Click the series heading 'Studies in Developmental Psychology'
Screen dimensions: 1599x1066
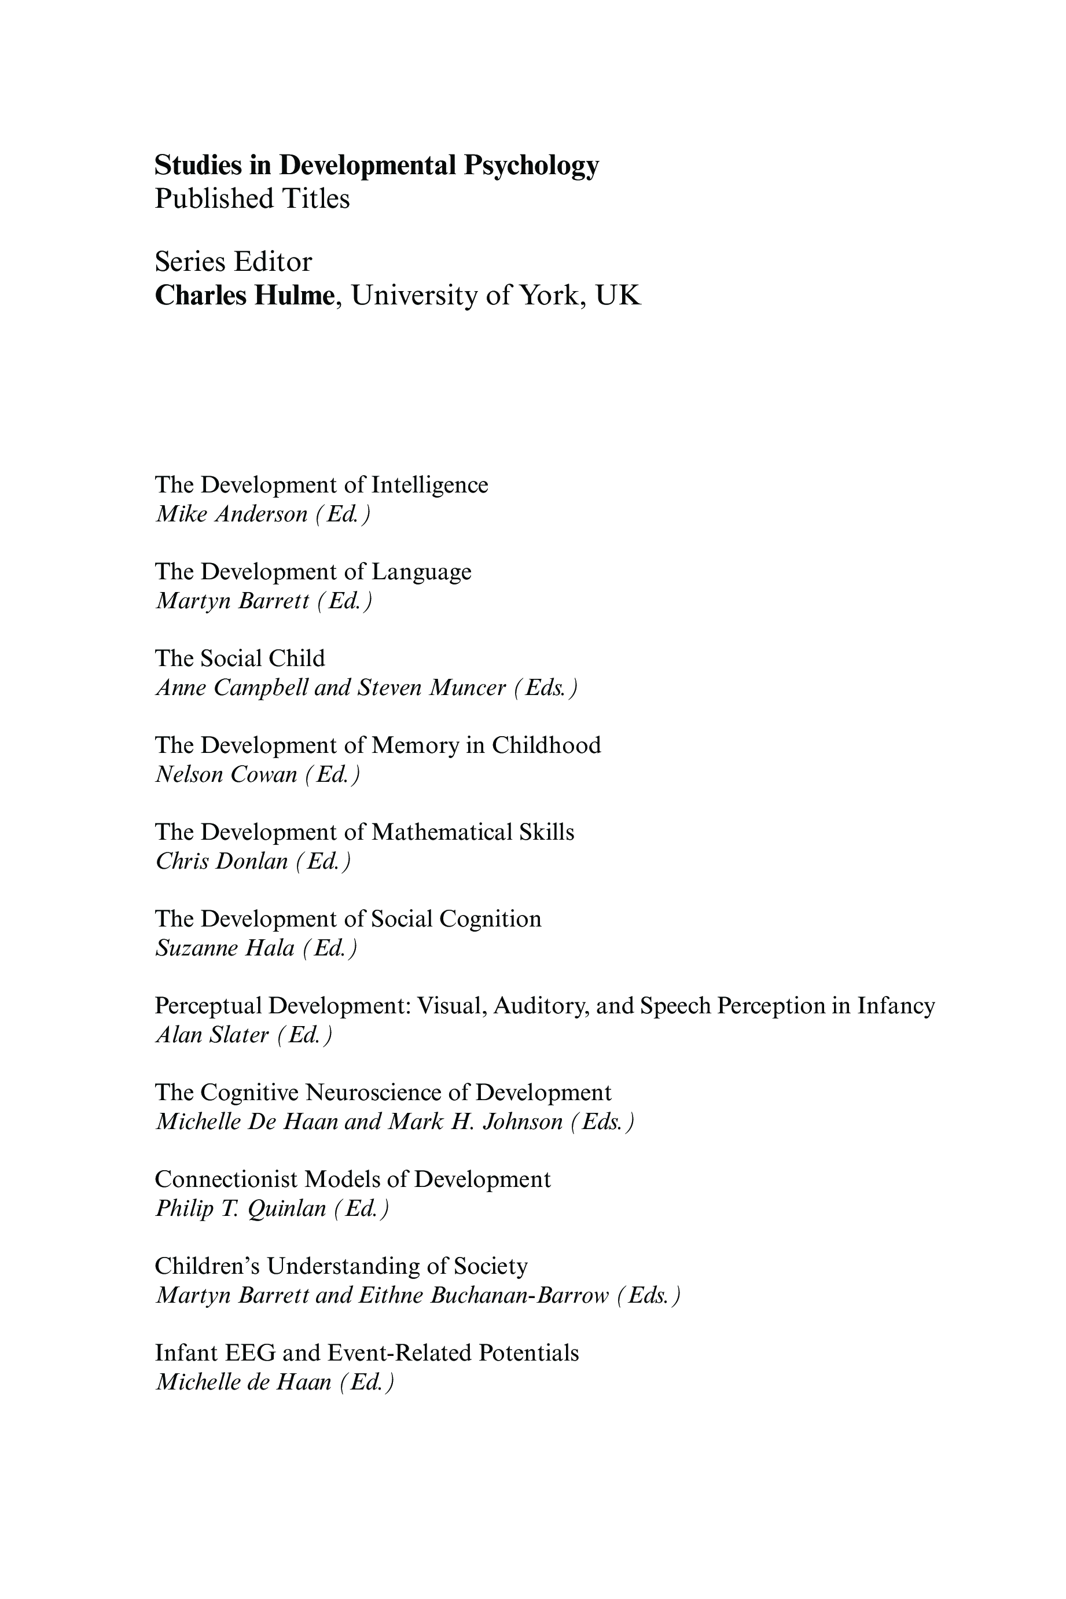[x=377, y=165]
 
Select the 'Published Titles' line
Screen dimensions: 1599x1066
[x=252, y=199]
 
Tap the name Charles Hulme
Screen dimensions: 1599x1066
[x=245, y=296]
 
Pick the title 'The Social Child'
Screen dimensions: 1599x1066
[x=240, y=658]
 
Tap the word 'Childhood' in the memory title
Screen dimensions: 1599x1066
[x=546, y=745]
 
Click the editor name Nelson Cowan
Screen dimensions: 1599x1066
[x=226, y=775]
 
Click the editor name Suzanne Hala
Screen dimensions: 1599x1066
[x=225, y=949]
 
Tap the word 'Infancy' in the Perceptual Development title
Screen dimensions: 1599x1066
[x=896, y=1005]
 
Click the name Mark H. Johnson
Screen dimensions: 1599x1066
[x=475, y=1122]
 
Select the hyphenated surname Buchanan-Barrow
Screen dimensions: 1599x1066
[x=520, y=1296]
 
